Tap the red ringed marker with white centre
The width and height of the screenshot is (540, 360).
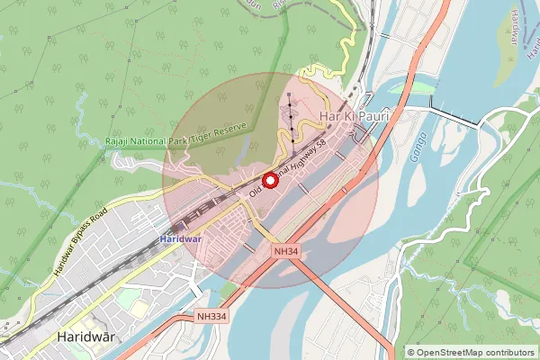(267, 181)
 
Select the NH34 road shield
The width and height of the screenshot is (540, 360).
(287, 254)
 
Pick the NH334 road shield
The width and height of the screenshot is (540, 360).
(212, 317)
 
